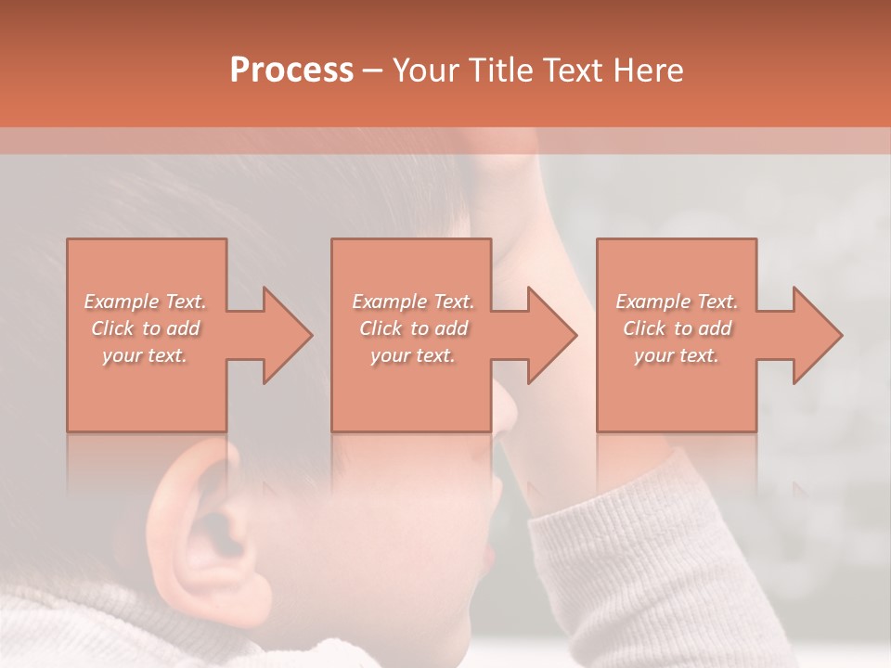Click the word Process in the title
pyautogui.click(x=291, y=71)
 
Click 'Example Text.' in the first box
pyautogui.click(x=145, y=302)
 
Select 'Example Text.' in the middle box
pyautogui.click(x=412, y=302)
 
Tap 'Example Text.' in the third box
pyautogui.click(x=677, y=302)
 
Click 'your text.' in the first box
pyautogui.click(x=145, y=355)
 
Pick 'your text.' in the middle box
pyautogui.click(x=412, y=355)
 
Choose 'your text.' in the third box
pyautogui.click(x=677, y=355)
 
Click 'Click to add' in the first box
pyautogui.click(x=145, y=328)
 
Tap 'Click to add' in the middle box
pyautogui.click(x=412, y=328)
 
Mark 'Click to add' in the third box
pyautogui.click(x=677, y=328)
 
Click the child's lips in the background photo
pyautogui.click(x=488, y=557)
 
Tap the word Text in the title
pyautogui.click(x=574, y=71)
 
